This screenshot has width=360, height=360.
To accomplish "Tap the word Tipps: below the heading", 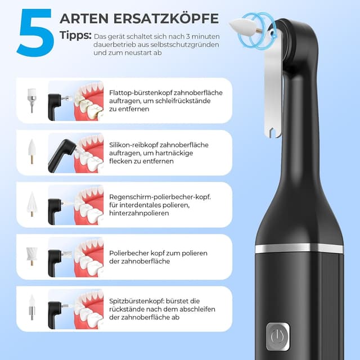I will [75, 35].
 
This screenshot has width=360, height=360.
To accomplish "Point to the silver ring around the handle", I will [299, 247].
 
